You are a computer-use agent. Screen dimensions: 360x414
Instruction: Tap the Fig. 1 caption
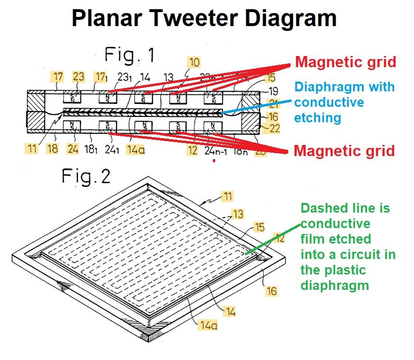pos(130,56)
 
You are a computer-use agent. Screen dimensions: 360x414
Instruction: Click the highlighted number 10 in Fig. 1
pos(194,62)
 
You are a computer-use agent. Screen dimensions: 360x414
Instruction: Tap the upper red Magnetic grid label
pos(345,62)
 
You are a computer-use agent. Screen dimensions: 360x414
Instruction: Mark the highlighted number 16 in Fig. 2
pos(272,290)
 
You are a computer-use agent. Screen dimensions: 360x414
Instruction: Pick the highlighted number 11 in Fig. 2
pos(228,196)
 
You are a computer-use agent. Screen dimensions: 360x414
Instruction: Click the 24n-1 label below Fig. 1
pos(216,150)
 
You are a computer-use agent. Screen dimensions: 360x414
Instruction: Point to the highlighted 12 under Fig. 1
pos(192,150)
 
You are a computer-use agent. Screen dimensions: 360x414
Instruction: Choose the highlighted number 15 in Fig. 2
pos(259,227)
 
